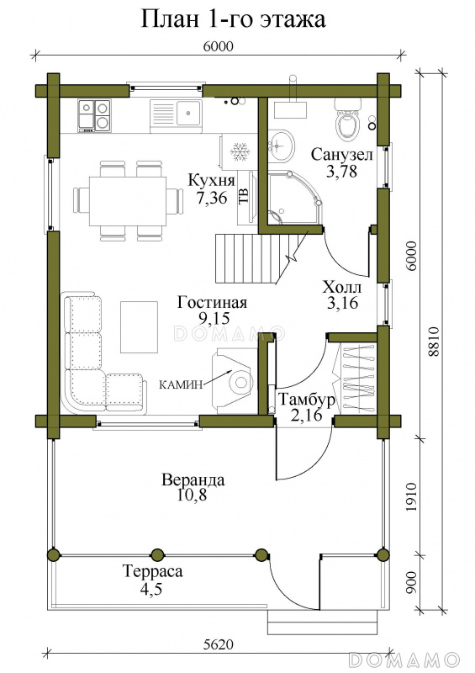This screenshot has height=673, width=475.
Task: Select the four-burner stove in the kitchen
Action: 94,115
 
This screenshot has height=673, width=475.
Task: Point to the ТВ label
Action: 243,195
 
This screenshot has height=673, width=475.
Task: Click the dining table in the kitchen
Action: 128,201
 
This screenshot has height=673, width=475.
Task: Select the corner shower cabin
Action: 293,198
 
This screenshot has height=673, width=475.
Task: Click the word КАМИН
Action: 180,384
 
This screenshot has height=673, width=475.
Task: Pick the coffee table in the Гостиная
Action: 140,326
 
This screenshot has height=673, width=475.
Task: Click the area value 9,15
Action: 212,318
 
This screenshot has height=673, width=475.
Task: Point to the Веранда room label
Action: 193,480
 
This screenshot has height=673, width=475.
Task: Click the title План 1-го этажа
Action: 233,19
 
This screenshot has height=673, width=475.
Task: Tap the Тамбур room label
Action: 306,400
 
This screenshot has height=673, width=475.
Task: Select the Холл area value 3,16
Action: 342,303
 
